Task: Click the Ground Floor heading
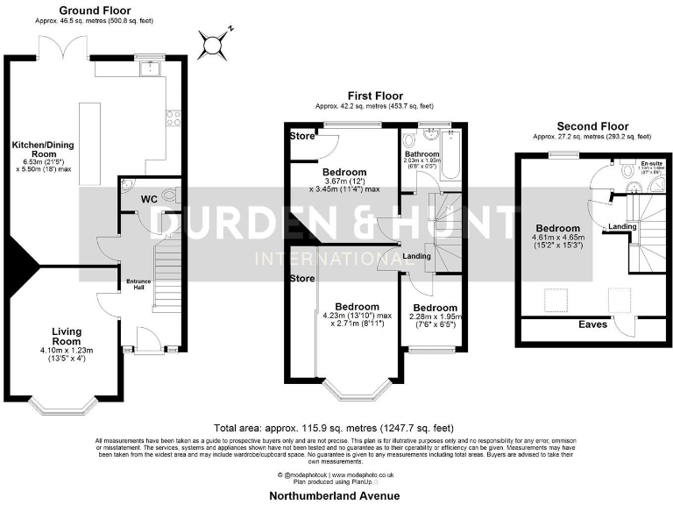(x=89, y=10)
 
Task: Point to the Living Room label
(x=67, y=337)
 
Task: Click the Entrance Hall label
(x=138, y=284)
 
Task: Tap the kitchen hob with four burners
(x=174, y=117)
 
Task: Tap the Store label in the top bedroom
(x=302, y=137)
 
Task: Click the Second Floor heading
(x=592, y=125)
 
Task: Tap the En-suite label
(x=651, y=163)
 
